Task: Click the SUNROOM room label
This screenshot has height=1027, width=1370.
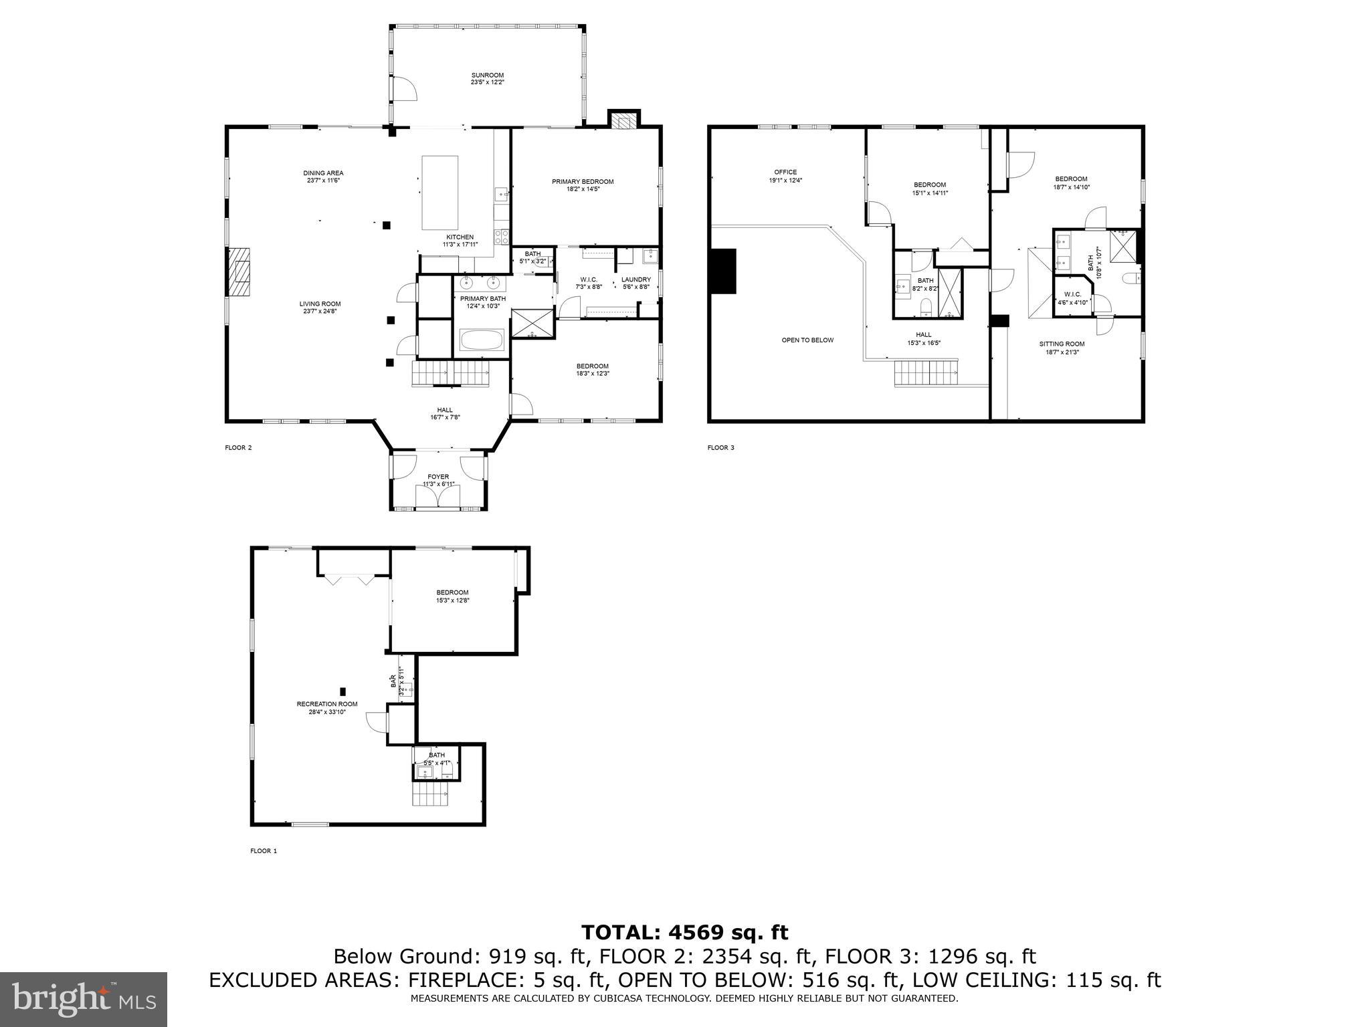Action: tap(487, 76)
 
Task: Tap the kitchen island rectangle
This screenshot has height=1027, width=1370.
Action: tap(439, 193)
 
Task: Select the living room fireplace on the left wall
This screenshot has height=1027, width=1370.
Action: tap(238, 271)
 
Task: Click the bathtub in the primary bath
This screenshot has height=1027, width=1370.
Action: tap(482, 341)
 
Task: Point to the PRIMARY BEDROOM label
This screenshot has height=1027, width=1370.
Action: tap(582, 182)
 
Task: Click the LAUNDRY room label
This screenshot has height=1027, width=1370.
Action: tap(635, 279)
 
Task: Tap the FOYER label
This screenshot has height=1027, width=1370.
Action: tap(438, 477)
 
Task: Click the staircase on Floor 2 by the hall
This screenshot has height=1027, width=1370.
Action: tap(450, 372)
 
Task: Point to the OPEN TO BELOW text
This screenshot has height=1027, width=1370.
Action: tap(807, 340)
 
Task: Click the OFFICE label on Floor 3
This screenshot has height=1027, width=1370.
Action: tap(785, 173)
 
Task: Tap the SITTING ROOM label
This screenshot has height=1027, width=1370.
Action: tap(1062, 344)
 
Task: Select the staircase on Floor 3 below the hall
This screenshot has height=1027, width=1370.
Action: tap(926, 373)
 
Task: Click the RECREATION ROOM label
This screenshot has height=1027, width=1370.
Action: tap(327, 704)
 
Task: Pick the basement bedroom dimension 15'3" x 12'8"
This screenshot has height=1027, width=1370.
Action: tap(452, 600)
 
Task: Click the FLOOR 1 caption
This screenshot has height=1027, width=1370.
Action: tap(263, 851)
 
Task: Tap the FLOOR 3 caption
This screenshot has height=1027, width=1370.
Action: tap(720, 448)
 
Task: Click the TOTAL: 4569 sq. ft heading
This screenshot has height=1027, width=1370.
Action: tap(684, 932)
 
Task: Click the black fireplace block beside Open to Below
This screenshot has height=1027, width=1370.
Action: tap(724, 271)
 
